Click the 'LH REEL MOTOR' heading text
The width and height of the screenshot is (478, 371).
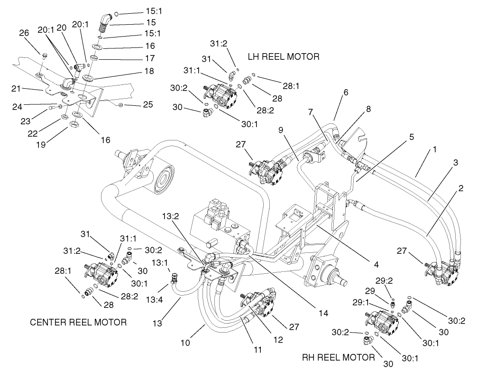(x=284, y=56)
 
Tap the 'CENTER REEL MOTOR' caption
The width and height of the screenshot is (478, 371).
(x=78, y=323)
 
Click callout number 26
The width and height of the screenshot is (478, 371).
(x=24, y=33)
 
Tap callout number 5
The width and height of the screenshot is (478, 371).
(x=412, y=137)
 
